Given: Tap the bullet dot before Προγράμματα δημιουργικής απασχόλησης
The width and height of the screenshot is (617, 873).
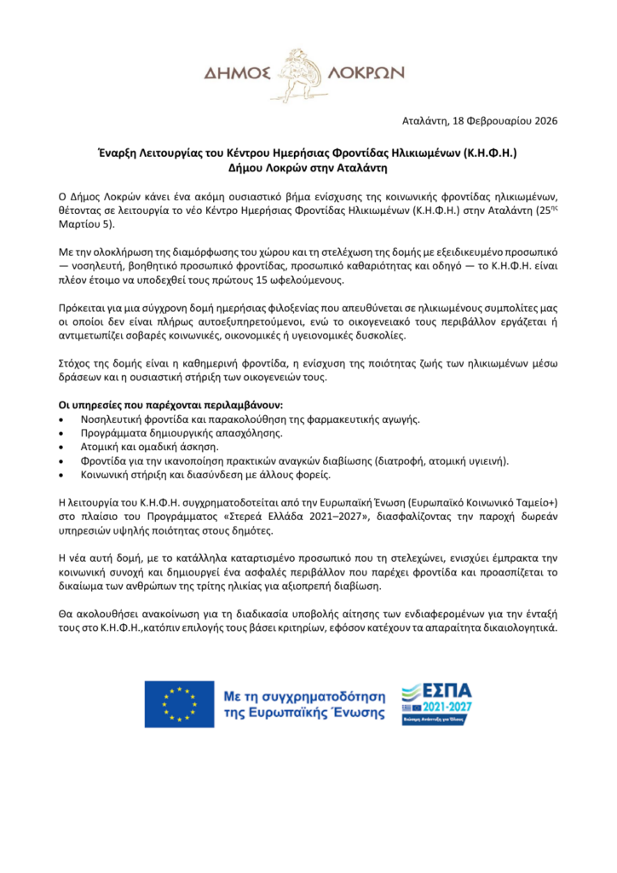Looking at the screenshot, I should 61,434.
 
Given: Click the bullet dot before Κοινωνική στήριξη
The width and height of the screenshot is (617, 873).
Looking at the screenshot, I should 61,475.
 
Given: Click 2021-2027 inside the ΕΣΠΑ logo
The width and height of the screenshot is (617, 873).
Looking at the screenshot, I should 447,708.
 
